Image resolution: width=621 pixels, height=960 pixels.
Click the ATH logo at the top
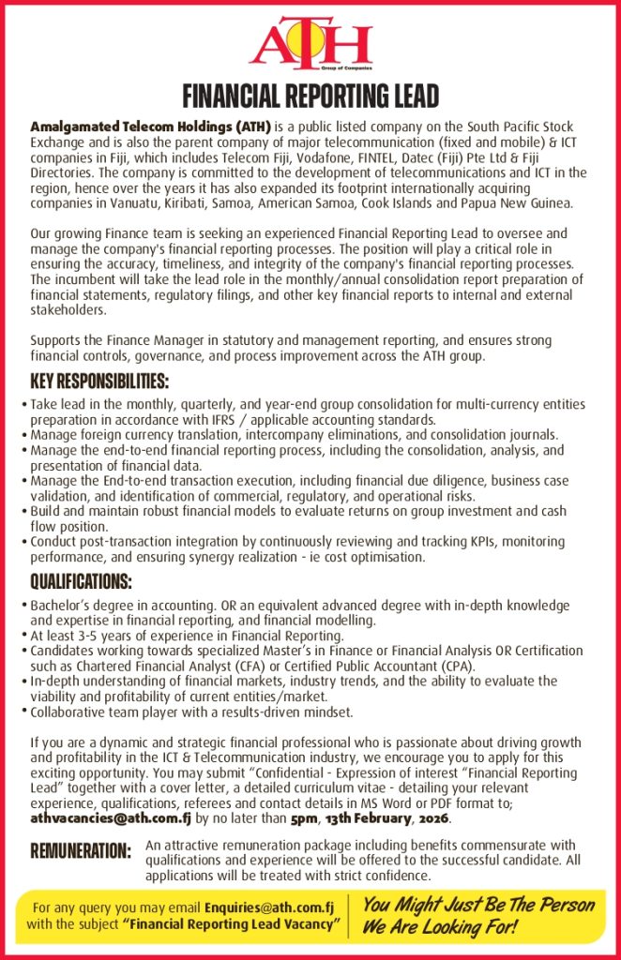[x=310, y=42]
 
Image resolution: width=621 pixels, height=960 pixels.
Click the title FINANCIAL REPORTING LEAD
[x=310, y=97]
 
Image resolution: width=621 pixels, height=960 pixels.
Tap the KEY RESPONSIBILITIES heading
[x=99, y=382]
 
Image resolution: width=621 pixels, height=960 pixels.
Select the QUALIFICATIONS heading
[x=82, y=582]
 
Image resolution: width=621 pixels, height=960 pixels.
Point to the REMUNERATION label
[x=81, y=851]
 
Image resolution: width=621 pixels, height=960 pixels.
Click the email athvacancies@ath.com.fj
[x=111, y=817]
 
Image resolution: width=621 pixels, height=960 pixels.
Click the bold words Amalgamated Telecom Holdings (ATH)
[x=150, y=126]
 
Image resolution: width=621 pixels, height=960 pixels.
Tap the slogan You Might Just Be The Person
[x=478, y=906]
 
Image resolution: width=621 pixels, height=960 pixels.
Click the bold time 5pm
[x=304, y=817]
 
